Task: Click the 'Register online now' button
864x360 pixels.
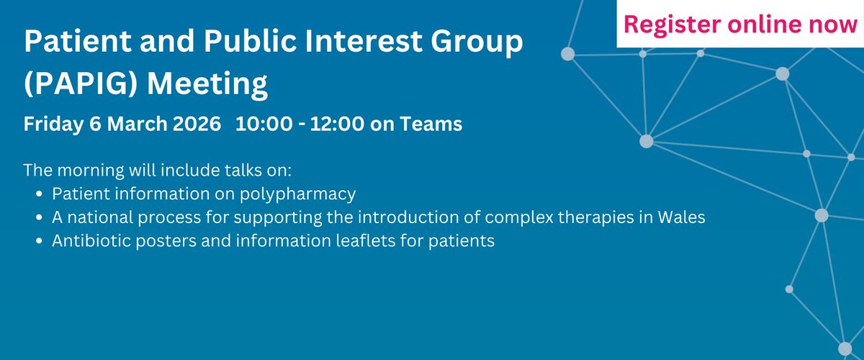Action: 740,23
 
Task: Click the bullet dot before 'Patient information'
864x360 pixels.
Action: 38,194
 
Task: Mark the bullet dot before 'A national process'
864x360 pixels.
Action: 38,217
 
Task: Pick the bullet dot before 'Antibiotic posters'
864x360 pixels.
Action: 38,240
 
